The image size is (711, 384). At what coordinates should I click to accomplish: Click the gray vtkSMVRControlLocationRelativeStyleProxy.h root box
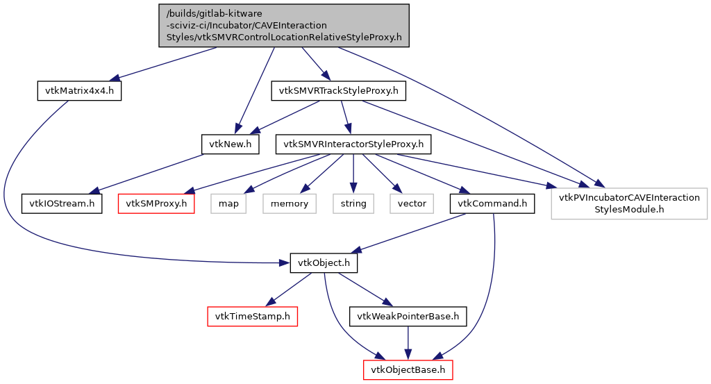(x=284, y=25)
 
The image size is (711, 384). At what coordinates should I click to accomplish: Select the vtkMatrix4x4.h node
(x=79, y=91)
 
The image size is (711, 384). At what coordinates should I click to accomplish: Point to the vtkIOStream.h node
(x=62, y=203)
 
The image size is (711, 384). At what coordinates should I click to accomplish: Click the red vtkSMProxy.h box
(x=156, y=203)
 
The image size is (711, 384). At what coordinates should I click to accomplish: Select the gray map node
(x=228, y=203)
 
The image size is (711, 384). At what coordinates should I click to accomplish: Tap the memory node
(x=290, y=203)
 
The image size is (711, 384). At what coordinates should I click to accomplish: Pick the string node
(x=353, y=203)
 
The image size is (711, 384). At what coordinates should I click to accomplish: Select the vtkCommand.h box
(x=492, y=203)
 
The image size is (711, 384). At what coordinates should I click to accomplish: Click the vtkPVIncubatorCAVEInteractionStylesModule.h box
(x=629, y=203)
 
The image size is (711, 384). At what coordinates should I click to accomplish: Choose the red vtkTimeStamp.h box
(x=252, y=317)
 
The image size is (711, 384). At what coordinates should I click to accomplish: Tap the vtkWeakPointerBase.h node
(x=408, y=317)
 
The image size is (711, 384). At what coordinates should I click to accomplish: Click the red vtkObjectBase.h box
(x=408, y=369)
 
